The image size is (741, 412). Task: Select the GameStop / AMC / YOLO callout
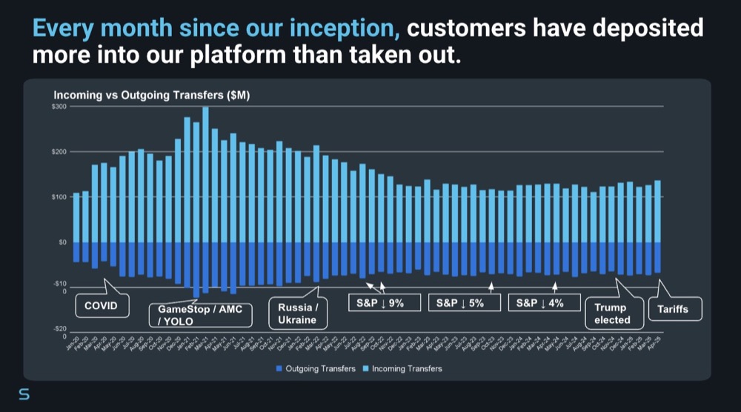pyautogui.click(x=200, y=314)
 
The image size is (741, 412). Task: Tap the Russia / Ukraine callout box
pyautogui.click(x=298, y=313)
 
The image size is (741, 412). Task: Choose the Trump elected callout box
pyautogui.click(x=612, y=313)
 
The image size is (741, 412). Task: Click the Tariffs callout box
pyautogui.click(x=675, y=308)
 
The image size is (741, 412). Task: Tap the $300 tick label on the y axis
pyautogui.click(x=59, y=107)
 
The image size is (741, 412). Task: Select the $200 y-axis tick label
pyautogui.click(x=59, y=152)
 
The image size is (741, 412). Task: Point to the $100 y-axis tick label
pyautogui.click(x=59, y=197)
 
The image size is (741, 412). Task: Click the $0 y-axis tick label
pyautogui.click(x=62, y=242)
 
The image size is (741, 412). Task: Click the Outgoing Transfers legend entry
pyautogui.click(x=316, y=368)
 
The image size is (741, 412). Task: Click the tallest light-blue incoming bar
pyautogui.click(x=205, y=174)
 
